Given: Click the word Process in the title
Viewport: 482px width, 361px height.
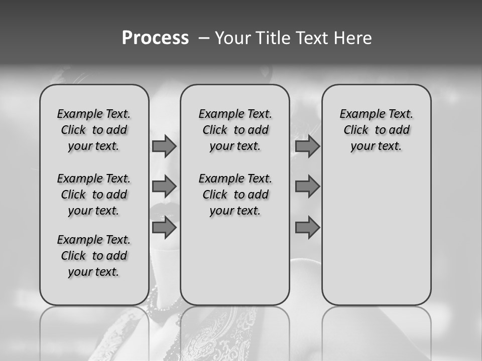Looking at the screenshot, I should coord(155,38).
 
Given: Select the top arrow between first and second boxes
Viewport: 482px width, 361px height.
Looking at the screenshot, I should coord(164,146).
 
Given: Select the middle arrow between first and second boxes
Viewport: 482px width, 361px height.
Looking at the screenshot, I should coord(164,187).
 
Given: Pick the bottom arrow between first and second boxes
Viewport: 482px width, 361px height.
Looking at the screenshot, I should coord(164,228).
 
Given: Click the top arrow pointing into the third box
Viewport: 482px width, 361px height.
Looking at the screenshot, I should coord(307,146).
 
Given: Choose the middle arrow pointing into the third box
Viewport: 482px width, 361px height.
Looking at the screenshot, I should coord(307,187).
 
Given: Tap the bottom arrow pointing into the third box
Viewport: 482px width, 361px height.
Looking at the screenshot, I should coord(307,228).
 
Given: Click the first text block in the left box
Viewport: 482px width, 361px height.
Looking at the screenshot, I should coord(94,130).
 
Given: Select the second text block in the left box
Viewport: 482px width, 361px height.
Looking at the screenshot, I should coord(94,195).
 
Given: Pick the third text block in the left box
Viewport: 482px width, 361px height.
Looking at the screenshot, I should coord(94,256).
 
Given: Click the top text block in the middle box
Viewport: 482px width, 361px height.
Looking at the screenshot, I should coord(235,130).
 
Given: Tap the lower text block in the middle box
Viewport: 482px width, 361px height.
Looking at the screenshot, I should coord(235,195).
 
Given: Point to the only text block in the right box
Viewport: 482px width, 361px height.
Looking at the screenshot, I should coord(376,130).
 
